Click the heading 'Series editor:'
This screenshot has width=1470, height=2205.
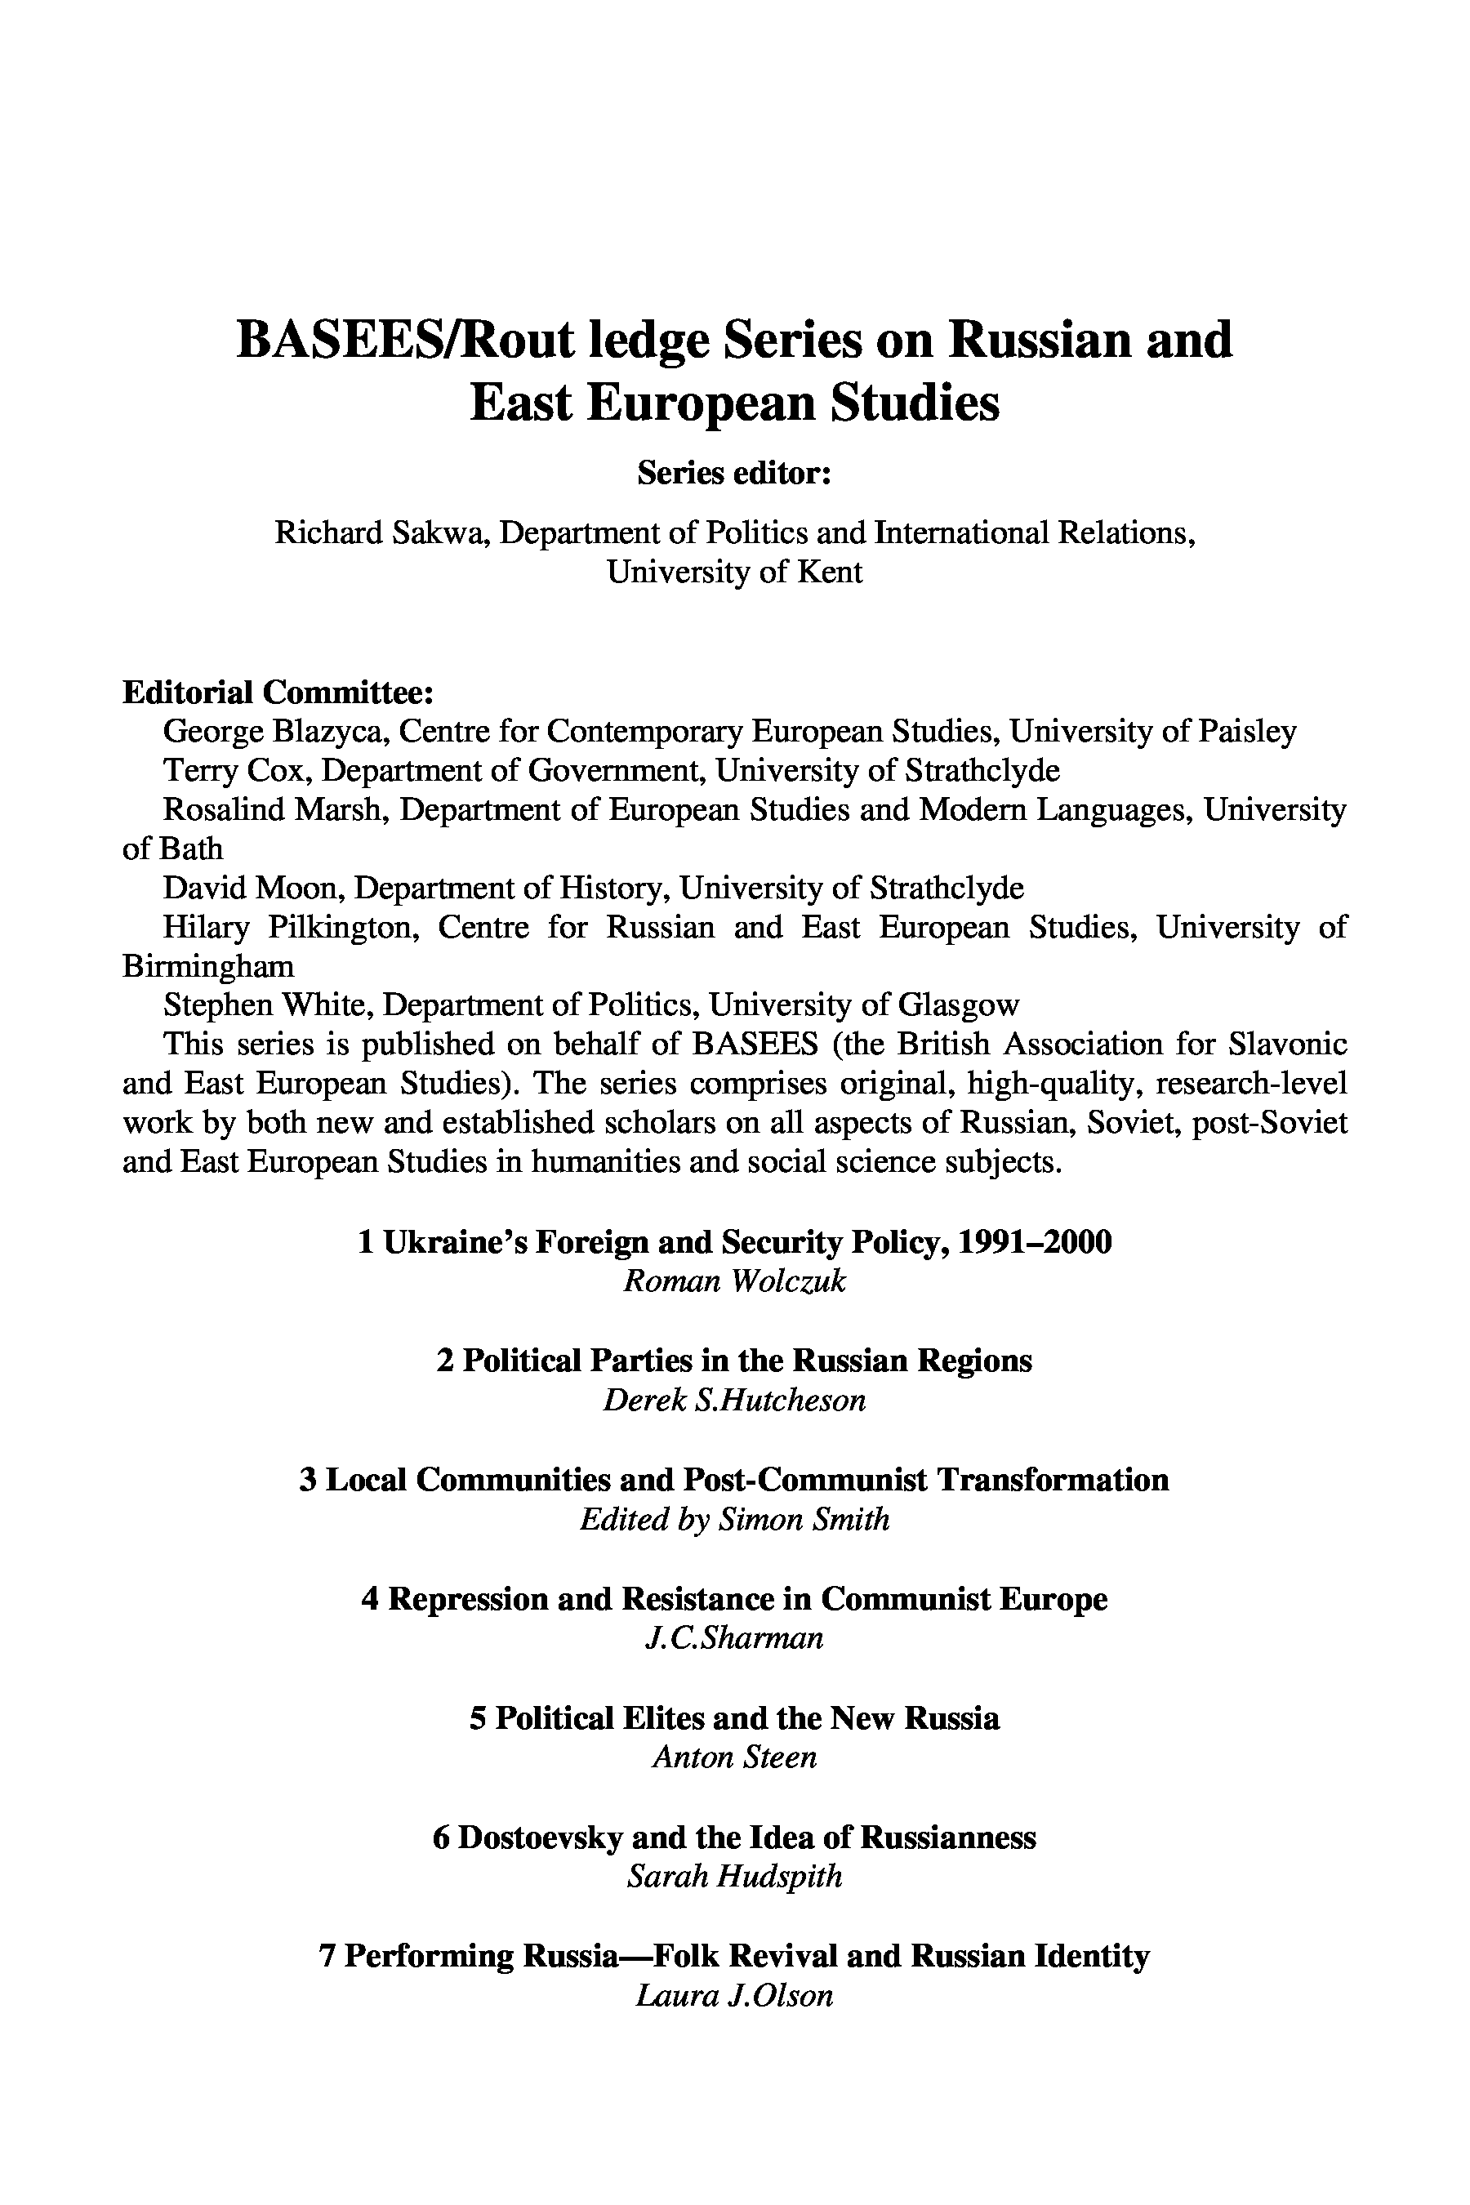734,474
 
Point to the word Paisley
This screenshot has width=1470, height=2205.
1248,731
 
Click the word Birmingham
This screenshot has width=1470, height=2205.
208,965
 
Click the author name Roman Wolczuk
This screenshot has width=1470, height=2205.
734,1281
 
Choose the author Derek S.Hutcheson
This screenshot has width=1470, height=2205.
734,1400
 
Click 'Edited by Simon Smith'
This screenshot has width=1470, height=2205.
734,1519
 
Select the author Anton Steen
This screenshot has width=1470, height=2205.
734,1756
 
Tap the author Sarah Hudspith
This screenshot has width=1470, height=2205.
734,1876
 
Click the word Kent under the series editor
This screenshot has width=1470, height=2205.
829,572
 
